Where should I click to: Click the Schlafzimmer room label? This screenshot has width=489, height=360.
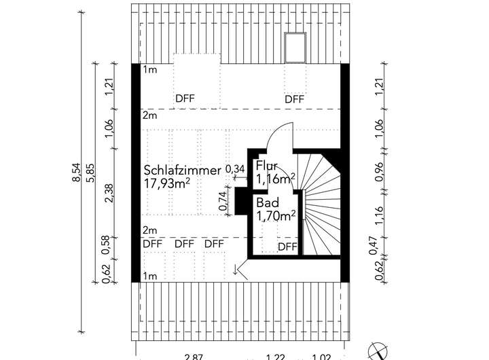point(182,170)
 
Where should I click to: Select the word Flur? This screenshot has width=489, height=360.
point(266,166)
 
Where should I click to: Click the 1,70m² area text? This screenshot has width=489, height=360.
point(275,217)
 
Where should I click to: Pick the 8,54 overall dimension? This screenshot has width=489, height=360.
point(77,173)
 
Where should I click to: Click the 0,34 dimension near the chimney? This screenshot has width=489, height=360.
point(234,168)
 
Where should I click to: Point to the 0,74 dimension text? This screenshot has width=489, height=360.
point(223,200)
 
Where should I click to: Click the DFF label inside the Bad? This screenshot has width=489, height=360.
point(287,247)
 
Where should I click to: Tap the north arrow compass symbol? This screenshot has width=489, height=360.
point(376,350)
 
